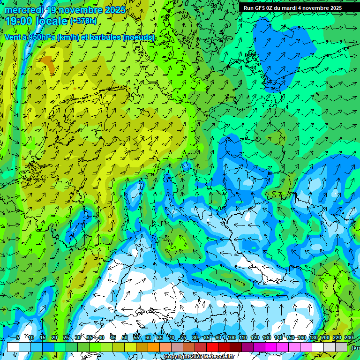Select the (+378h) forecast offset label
[83, 21]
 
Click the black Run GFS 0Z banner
[293, 8]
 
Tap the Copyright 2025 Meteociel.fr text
[199, 356]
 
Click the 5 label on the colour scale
[18, 338]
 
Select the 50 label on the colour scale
[124, 338]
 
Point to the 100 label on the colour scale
[231, 338]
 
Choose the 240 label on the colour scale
[349, 338]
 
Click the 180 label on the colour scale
[313, 338]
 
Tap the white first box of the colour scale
[13, 347]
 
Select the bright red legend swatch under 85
[212, 347]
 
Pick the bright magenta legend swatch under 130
[271, 347]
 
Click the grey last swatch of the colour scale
[341, 347]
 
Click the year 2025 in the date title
[115, 10]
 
